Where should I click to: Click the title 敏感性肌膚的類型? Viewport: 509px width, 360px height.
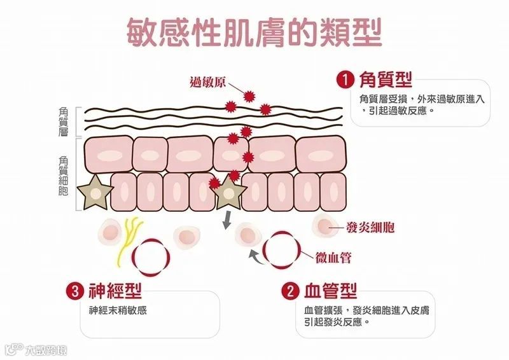[254, 32]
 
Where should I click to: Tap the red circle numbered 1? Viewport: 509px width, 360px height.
[344, 80]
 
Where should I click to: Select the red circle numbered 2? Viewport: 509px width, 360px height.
[289, 291]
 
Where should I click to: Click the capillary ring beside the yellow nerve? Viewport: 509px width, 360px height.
[150, 256]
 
